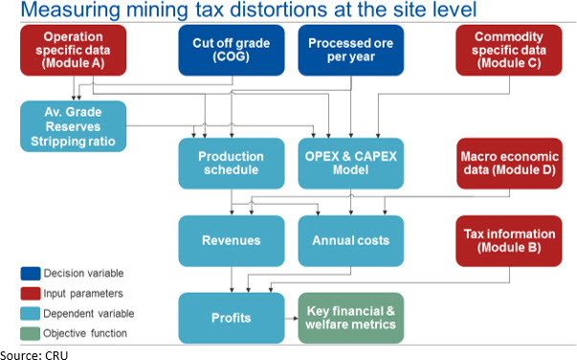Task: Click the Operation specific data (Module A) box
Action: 74,51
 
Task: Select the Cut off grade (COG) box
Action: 232,51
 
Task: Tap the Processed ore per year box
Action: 351,51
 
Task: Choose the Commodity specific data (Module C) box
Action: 509,51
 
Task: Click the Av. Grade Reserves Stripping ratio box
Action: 74,126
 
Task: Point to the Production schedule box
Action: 232,164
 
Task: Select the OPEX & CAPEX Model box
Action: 351,164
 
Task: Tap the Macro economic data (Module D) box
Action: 510,164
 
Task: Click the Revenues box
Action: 232,240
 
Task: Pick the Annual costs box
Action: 351,240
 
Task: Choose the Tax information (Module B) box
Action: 509,240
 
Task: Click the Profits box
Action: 232,318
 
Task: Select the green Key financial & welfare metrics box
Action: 351,318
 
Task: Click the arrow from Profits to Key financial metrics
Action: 292,318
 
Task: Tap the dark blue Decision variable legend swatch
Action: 31,274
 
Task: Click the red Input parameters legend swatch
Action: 31,294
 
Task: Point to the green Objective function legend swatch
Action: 31,334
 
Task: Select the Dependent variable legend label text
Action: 89,314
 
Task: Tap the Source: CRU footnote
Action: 34,355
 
